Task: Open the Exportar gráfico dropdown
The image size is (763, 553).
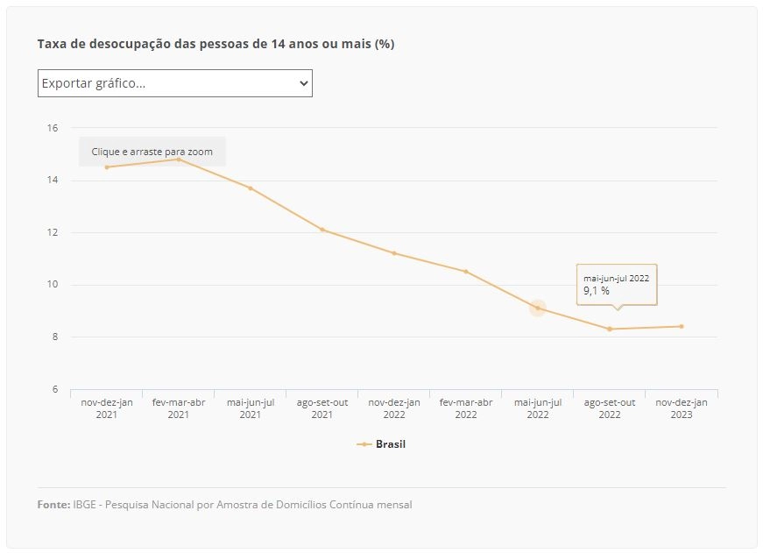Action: (x=174, y=83)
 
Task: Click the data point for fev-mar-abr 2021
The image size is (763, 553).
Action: (x=179, y=160)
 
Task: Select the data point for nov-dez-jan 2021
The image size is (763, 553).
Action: (x=107, y=167)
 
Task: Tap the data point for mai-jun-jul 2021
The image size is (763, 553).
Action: (x=251, y=188)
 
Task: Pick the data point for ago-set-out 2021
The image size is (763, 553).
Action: (x=322, y=230)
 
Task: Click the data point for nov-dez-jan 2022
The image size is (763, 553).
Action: (x=394, y=253)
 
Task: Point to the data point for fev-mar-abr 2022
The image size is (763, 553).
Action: (x=466, y=272)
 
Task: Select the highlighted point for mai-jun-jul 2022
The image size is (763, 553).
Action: (x=538, y=308)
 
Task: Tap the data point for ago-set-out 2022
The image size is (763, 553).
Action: (x=610, y=329)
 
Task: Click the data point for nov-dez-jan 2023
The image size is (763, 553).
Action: (x=682, y=326)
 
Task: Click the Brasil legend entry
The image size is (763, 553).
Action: (x=381, y=444)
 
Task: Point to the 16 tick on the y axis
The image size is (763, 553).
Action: (x=52, y=128)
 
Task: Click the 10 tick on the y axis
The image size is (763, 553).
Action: (x=52, y=284)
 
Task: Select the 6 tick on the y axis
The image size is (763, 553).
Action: (x=54, y=389)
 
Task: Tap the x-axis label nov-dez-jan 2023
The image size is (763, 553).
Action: (x=682, y=408)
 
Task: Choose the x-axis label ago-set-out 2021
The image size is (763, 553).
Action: (x=322, y=408)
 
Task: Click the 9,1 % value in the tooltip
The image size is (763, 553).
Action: (x=597, y=291)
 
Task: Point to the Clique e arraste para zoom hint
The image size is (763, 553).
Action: (x=152, y=152)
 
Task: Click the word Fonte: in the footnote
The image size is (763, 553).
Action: (x=54, y=504)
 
